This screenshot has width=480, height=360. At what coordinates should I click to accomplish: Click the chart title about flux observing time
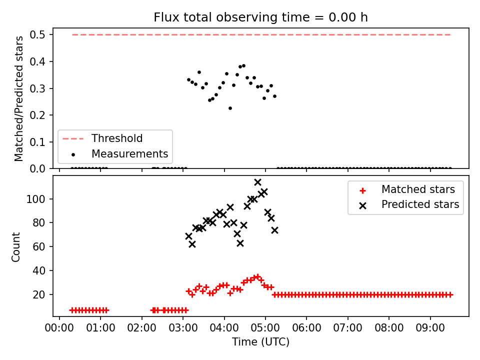coord(260,17)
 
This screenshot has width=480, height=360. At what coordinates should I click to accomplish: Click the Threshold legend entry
coord(102,138)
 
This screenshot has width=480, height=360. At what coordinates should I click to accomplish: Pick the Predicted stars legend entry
coord(409,204)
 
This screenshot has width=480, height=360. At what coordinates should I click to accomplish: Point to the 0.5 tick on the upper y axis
coord(37,35)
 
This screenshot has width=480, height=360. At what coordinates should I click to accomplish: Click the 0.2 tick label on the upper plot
coord(37,115)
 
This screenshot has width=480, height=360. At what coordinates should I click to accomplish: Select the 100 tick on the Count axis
coord(36,199)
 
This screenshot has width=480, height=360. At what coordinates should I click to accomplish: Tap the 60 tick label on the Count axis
coord(39,246)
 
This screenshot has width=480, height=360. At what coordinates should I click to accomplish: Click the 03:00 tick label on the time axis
coord(183,328)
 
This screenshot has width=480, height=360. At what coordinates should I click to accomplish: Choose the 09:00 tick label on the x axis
coord(430,328)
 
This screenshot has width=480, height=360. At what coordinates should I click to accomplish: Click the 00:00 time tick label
coord(59,328)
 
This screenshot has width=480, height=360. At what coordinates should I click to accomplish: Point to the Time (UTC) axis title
coord(260,341)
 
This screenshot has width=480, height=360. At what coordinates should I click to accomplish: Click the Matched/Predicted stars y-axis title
coord(18,98)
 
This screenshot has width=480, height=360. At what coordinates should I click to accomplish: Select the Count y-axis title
coord(15,246)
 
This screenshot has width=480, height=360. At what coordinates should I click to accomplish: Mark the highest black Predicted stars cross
coord(257,182)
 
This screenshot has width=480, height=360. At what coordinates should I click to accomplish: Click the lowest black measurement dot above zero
coord(230,108)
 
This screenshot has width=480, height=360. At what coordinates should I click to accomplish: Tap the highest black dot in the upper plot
coord(243,66)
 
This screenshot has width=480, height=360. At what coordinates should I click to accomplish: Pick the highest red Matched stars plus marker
coord(257,276)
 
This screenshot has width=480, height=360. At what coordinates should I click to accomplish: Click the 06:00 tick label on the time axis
coord(306,328)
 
